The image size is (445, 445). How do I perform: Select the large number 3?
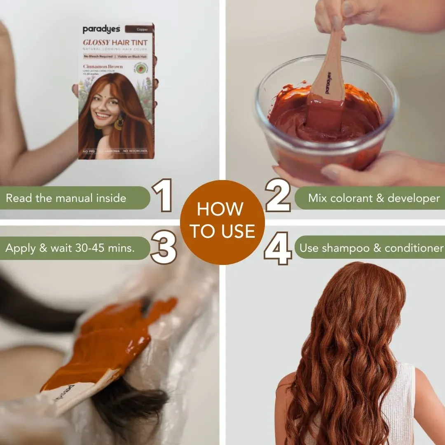click(x=164, y=247)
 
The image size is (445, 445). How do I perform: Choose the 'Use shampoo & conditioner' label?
click(x=371, y=248)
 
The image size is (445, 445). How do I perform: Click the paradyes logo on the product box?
click(x=101, y=29)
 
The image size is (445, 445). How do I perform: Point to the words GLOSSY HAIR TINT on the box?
click(x=115, y=42)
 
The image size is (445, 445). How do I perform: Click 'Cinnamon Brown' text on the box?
click(x=103, y=66)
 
